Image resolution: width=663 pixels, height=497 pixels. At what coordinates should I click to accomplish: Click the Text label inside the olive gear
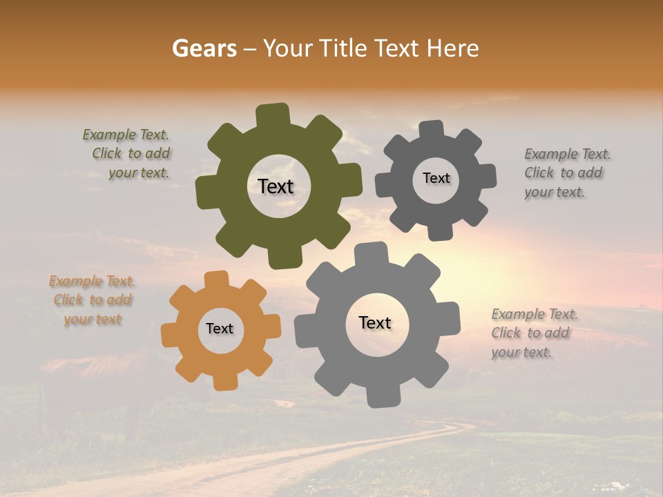tap(276, 186)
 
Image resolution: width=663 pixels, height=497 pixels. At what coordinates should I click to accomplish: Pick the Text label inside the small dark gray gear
tap(436, 178)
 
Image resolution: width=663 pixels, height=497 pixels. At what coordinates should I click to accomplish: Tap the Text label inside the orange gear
tap(220, 329)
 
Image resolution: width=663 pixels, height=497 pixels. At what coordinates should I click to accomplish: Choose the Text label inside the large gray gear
tap(375, 322)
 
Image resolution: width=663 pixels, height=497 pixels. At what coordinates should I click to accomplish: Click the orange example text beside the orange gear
tap(92, 300)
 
